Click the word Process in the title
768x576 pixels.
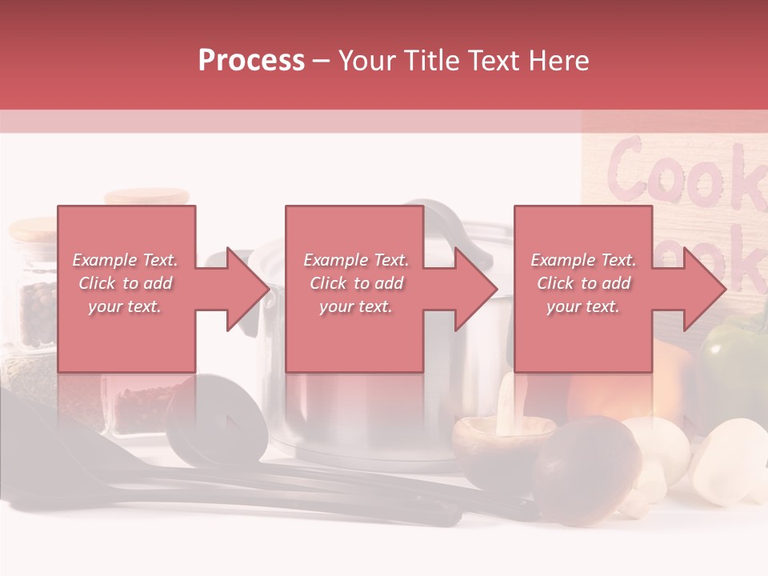pos(251,61)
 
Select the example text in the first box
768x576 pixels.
pos(126,283)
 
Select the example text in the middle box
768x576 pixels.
pos(356,283)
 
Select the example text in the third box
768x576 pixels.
pos(583,283)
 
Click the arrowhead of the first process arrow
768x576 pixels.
pos(248,289)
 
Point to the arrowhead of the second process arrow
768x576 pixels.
pos(476,289)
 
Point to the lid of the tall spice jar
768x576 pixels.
pos(146,196)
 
